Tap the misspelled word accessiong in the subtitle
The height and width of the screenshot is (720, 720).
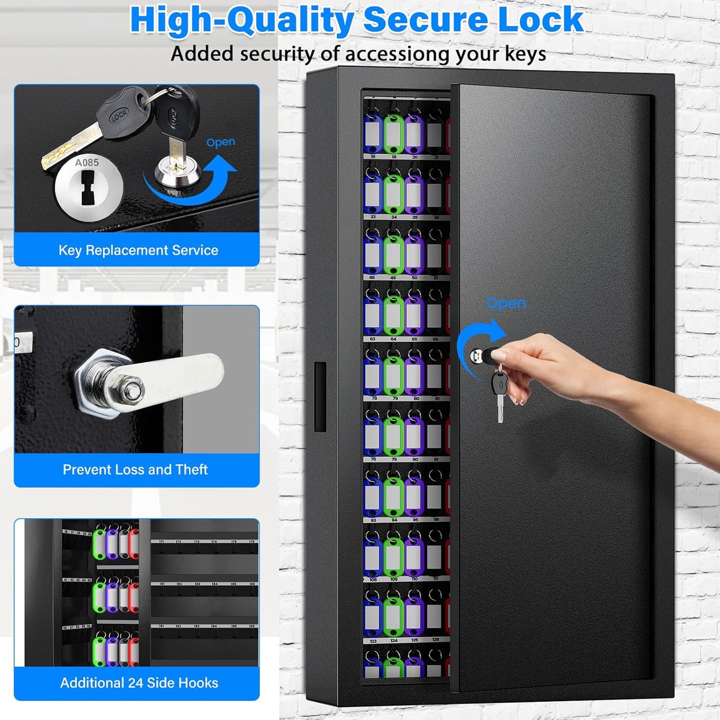coord(397,54)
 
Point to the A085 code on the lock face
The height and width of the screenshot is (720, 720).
coord(87,162)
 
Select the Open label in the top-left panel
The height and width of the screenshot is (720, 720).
coord(220,143)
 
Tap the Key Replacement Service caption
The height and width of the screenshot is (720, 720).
coord(138,250)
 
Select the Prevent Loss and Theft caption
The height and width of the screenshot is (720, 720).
coord(135,469)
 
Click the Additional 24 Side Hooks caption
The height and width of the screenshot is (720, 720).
coord(139,683)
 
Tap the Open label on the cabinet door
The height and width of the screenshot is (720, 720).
coord(506,303)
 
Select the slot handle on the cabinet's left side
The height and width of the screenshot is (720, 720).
coord(320,397)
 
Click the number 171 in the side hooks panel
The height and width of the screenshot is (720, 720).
coord(161,542)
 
